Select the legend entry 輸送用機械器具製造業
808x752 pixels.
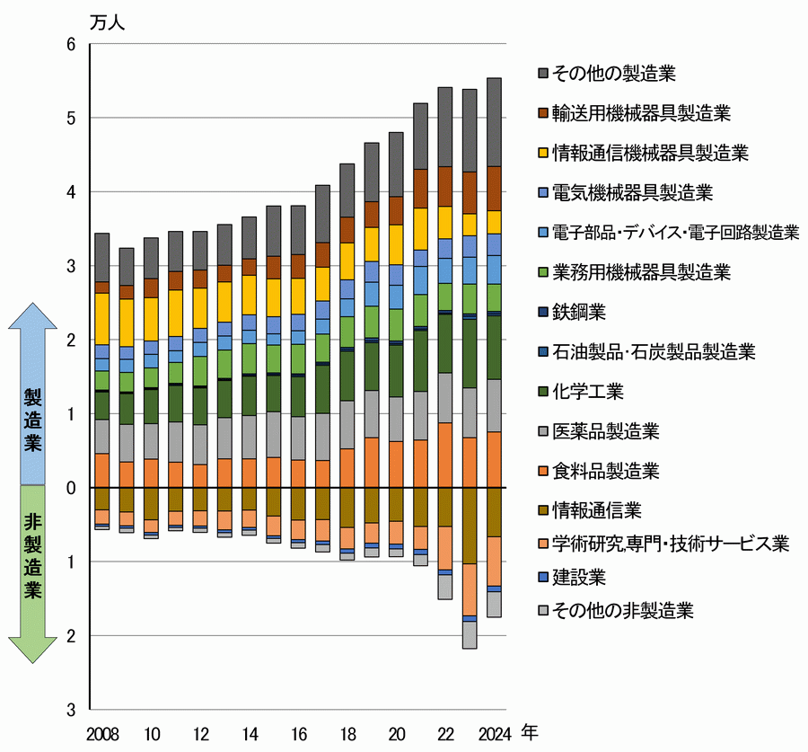tap(638, 113)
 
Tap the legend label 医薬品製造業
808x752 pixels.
tap(606, 430)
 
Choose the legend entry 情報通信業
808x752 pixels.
tap(597, 510)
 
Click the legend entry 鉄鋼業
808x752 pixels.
tap(579, 312)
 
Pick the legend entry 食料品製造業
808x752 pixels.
tap(606, 471)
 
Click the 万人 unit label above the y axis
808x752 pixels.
tap(107, 22)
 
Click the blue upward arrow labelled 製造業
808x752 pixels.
tap(33, 395)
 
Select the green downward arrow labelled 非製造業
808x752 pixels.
tap(33, 575)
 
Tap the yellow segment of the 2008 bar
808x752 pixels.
tap(102, 319)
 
